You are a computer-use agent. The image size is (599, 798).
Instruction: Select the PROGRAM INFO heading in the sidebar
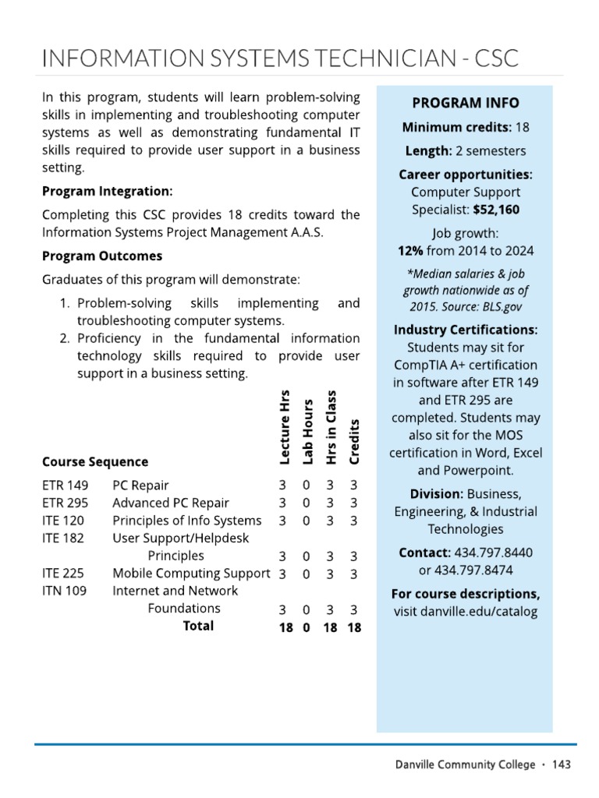[465, 103]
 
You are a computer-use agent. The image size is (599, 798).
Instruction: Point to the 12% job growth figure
[411, 250]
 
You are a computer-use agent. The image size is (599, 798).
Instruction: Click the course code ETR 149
[65, 485]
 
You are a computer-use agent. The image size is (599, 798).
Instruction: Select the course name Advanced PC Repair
[171, 503]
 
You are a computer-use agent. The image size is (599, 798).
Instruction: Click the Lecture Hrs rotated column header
[285, 427]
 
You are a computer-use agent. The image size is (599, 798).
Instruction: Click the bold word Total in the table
[198, 626]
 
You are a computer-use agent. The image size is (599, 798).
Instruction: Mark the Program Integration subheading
[107, 191]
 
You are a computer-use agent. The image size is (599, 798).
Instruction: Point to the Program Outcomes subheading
[102, 256]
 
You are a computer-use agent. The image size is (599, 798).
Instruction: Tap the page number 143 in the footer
[561, 764]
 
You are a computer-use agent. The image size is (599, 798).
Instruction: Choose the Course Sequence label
[95, 461]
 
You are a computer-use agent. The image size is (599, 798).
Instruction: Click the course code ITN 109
[64, 591]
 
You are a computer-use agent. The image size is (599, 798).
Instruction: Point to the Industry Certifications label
[465, 330]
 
